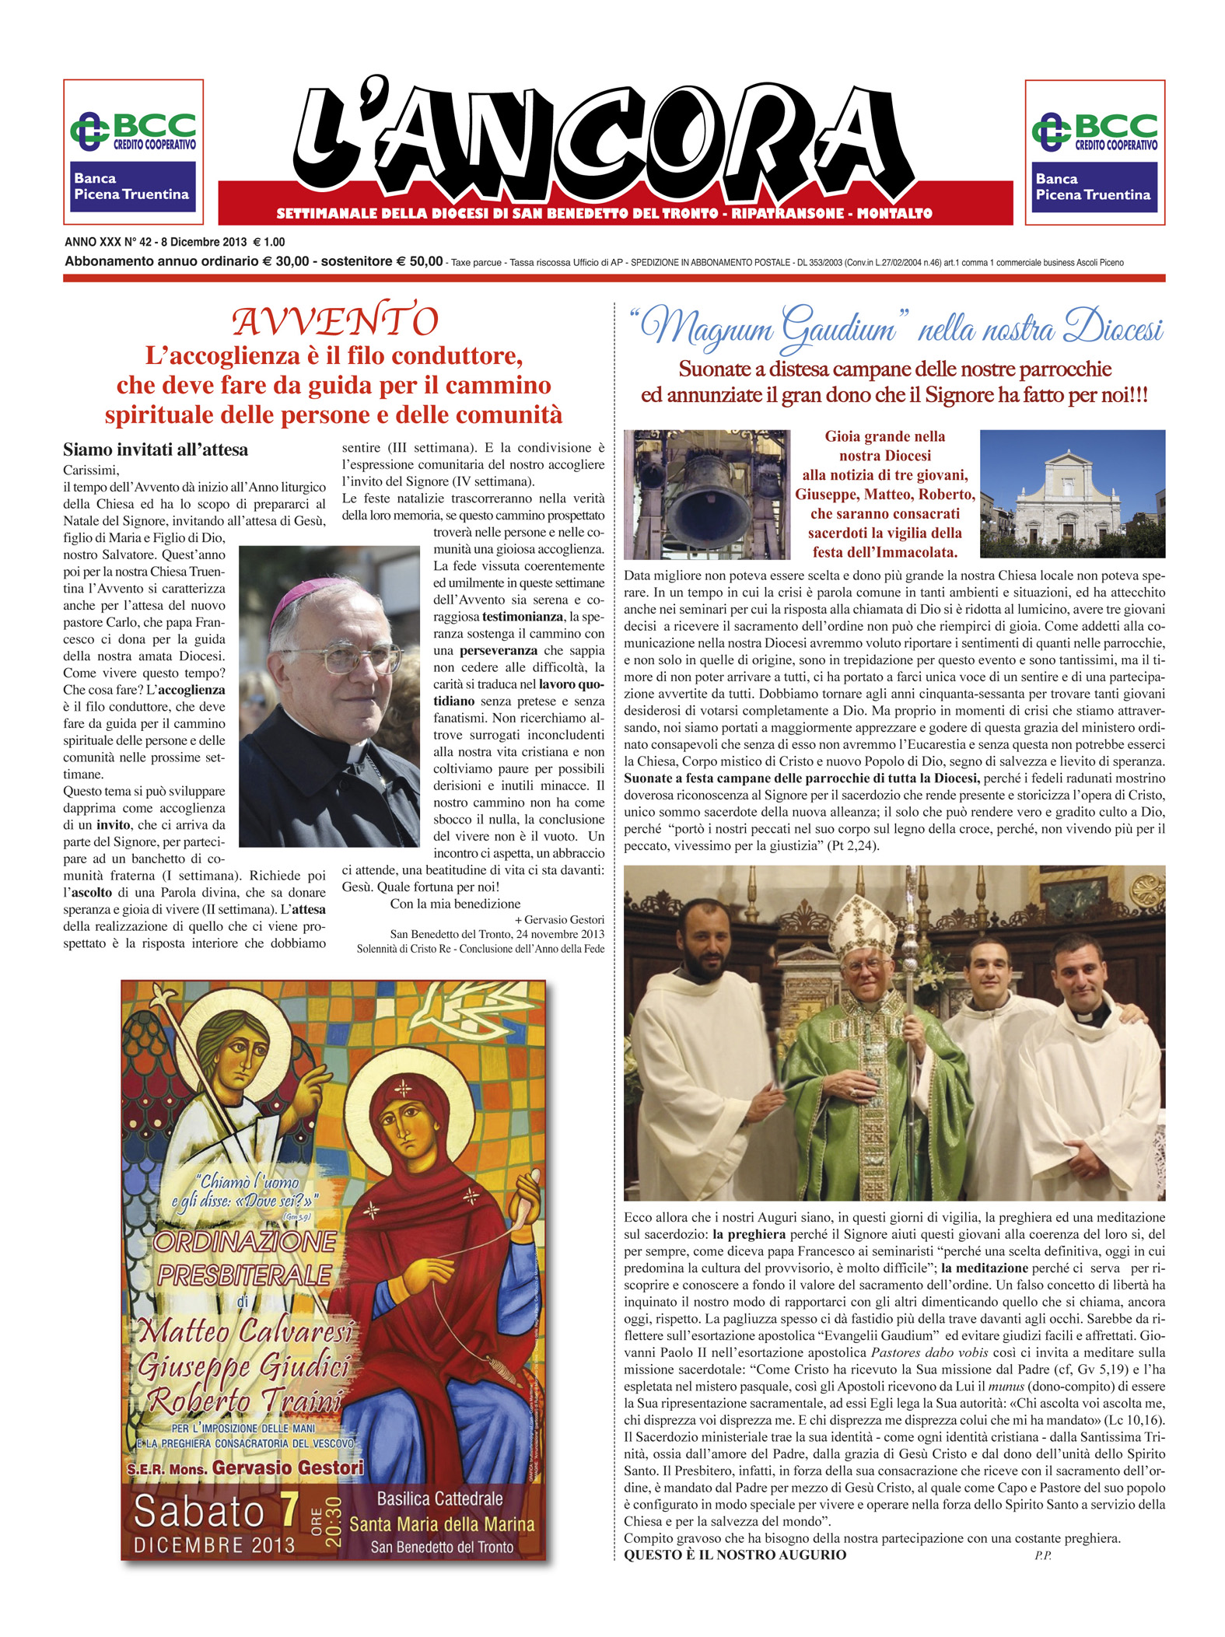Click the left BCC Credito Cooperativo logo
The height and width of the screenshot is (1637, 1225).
[133, 131]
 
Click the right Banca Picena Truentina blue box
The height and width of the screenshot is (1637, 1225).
[1094, 187]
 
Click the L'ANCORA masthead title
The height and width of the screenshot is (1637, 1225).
[603, 140]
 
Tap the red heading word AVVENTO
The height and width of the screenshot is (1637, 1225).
[335, 321]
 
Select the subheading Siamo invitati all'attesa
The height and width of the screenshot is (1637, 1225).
[156, 449]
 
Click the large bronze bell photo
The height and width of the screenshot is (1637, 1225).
[707, 495]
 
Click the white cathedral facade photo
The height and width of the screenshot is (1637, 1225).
[1072, 494]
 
